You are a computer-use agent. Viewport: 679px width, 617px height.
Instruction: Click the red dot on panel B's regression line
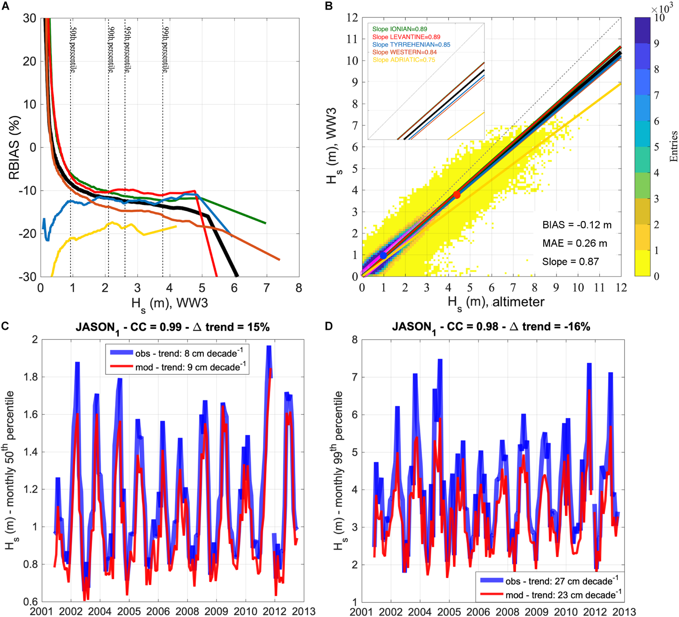coord(457,195)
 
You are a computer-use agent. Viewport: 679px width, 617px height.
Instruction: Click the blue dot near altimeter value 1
coord(383,255)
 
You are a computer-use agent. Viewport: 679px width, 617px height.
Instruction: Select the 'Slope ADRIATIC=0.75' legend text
coord(403,60)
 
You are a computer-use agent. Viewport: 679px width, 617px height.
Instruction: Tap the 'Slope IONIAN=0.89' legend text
coord(400,29)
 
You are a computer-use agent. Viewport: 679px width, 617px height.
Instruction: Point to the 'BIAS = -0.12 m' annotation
coord(577,225)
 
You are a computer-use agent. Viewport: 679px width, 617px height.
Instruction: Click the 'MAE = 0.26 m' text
coord(574,244)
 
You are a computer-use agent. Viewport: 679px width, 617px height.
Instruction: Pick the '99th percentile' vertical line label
coord(166,50)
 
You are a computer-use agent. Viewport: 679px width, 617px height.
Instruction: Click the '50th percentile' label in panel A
coord(73,50)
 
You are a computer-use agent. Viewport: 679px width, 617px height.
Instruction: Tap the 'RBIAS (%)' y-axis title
coord(14,148)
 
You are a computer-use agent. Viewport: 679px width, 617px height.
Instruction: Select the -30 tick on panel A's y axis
coord(28,277)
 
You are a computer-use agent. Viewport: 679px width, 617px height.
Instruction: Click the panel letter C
coord(5,326)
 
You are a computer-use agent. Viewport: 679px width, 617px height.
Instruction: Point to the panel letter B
coord(329,7)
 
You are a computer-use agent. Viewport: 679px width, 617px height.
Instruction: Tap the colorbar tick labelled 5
coord(656,147)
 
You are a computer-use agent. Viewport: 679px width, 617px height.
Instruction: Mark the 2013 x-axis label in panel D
coord(624,611)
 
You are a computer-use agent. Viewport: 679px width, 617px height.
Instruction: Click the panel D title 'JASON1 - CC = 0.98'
coord(491,327)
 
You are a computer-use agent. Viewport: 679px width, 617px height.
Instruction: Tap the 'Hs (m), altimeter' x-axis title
coord(495,303)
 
